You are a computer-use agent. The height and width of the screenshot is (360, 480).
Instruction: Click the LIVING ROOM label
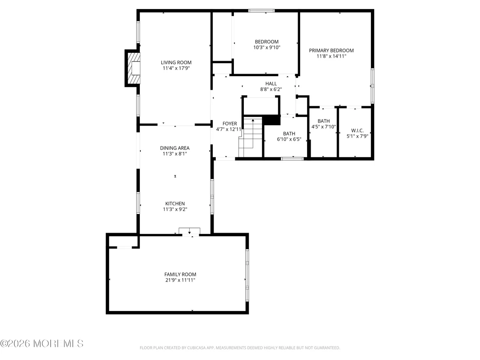176,62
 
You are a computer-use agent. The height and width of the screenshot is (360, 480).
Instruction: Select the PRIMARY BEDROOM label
331,51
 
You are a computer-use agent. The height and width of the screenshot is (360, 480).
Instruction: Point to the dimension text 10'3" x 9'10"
266,48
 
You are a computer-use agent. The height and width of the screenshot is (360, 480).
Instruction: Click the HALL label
271,84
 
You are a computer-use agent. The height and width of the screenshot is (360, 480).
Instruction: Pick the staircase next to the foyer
250,137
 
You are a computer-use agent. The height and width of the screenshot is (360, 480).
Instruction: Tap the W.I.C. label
357,130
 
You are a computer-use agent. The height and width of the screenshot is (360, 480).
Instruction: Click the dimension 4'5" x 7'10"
324,127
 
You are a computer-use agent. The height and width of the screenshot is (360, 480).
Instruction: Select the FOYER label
230,123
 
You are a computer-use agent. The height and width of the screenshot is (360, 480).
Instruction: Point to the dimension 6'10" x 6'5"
289,139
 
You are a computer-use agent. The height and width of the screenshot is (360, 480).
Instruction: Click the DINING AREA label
175,148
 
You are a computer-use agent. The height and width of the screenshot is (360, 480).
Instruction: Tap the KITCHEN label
175,204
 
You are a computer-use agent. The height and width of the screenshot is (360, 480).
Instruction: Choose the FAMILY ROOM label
180,275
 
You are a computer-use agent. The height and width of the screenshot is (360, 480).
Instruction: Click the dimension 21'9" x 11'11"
180,280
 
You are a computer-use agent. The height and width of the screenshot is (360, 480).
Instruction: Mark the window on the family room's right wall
247,275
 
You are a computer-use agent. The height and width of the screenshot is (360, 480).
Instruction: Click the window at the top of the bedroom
261,11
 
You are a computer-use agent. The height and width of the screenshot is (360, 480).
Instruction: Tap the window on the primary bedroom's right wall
372,86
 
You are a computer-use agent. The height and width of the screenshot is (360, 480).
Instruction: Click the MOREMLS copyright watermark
42,344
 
